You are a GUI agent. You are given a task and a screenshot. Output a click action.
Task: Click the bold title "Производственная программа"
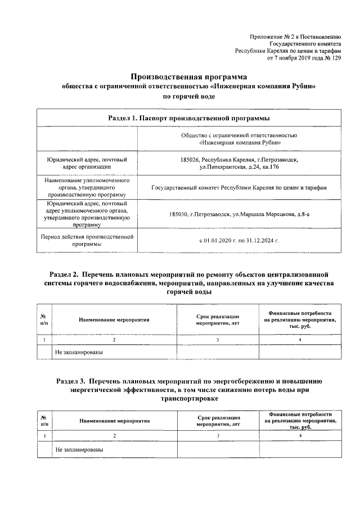click(x=188, y=76)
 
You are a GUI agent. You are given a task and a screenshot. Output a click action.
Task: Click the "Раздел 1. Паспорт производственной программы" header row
click(x=188, y=118)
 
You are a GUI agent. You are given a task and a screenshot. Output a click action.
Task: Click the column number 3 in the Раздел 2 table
click(x=217, y=340)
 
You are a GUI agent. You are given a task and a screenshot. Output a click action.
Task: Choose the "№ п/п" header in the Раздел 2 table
click(x=44, y=319)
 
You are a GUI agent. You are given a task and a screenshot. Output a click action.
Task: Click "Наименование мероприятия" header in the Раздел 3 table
click(x=114, y=420)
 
